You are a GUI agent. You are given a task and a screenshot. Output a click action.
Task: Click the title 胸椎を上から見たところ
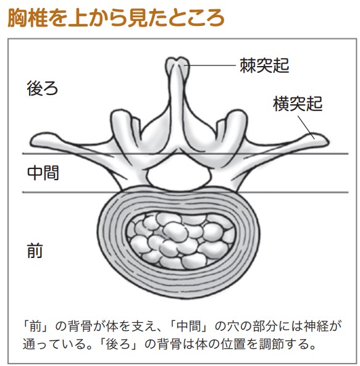(116, 18)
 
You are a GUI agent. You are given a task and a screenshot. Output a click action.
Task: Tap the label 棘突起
(264, 65)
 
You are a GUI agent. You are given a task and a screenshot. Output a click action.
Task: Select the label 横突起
(298, 104)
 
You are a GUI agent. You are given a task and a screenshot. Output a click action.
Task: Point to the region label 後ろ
(43, 88)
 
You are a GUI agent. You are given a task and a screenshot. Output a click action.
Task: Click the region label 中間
(43, 173)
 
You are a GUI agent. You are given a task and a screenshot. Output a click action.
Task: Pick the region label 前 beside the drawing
(35, 251)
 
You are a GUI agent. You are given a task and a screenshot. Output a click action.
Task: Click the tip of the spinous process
(178, 59)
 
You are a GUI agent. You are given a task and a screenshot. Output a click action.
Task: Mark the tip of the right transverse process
(328, 141)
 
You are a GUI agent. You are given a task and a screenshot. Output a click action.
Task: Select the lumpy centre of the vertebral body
(180, 241)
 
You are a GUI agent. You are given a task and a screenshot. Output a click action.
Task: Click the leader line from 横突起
(306, 127)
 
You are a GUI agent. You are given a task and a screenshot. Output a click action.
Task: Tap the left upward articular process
(122, 127)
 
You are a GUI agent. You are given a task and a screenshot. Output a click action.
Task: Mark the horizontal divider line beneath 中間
(185, 193)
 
